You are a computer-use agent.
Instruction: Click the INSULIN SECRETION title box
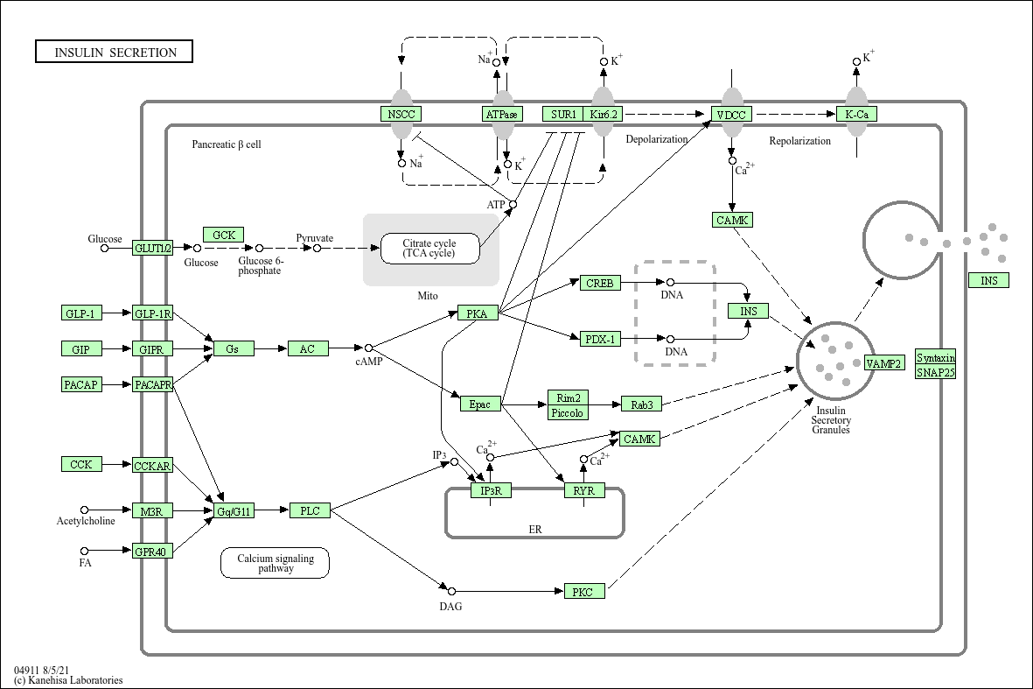pos(115,53)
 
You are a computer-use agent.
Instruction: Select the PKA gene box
pos(478,313)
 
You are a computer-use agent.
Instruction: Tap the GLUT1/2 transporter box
pos(153,248)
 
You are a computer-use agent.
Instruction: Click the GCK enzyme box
pos(223,235)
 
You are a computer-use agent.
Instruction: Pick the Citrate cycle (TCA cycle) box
pos(430,248)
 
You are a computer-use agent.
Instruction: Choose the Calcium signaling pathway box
pos(275,563)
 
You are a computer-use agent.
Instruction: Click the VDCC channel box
pos(731,114)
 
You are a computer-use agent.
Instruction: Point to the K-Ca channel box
pos(856,114)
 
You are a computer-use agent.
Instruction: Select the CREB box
pos(600,283)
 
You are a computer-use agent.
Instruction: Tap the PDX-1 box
pos(600,339)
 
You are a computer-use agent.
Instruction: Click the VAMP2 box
pos(884,363)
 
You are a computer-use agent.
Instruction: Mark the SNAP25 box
pos(936,372)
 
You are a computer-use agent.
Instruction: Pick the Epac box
pos(480,404)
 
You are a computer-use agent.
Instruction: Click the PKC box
pos(583,592)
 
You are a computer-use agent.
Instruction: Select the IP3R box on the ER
pos(491,490)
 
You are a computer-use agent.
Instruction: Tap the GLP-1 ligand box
pos(81,313)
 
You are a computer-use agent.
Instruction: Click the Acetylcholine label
pos(86,522)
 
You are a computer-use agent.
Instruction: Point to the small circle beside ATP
pos(513,204)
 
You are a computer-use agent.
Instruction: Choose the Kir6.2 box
pos(604,114)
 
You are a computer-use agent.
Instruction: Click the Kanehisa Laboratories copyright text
pos(68,680)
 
